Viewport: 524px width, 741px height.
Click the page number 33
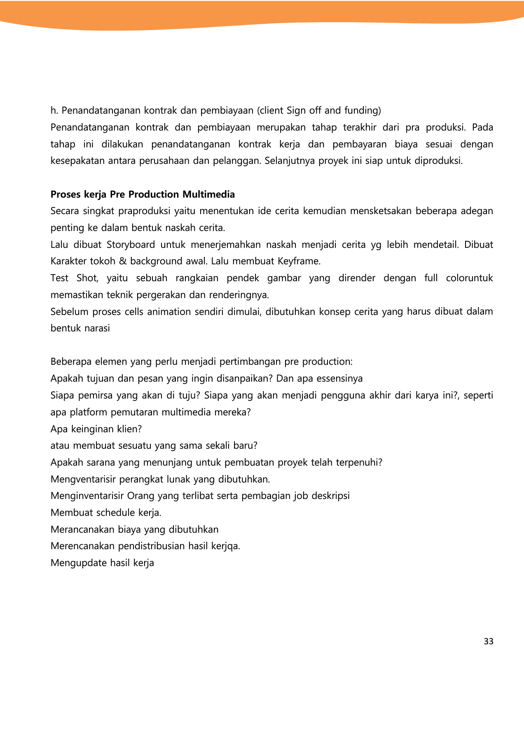click(488, 641)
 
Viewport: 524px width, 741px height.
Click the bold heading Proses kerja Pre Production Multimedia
click(143, 194)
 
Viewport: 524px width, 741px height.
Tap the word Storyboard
click(131, 245)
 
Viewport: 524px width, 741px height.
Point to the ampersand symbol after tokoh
click(122, 261)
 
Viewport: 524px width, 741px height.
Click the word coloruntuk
click(469, 278)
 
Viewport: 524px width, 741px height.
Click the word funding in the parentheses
click(362, 110)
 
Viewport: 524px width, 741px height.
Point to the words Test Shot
click(74, 278)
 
